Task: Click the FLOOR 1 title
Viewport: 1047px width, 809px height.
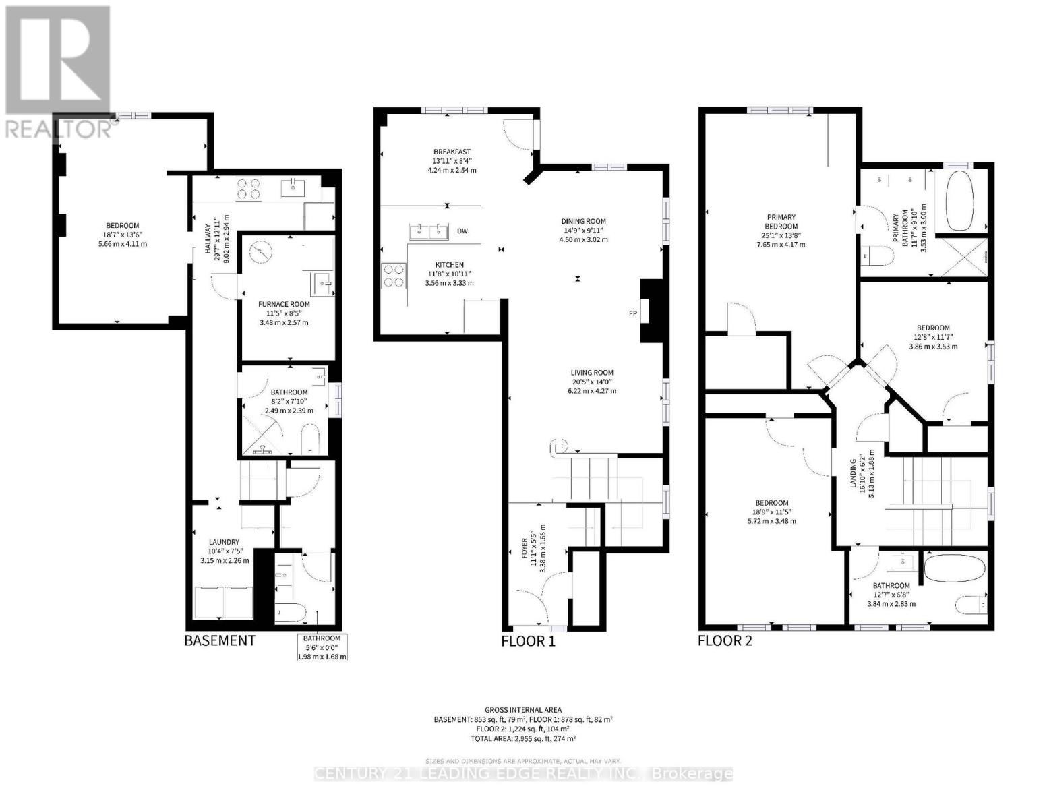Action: [528, 640]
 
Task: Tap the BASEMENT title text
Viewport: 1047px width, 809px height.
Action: [220, 640]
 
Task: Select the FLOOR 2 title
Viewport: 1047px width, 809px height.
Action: [725, 640]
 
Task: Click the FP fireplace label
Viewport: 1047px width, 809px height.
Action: [632, 313]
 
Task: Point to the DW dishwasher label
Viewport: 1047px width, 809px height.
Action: [462, 231]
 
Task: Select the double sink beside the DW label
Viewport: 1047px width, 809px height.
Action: [429, 232]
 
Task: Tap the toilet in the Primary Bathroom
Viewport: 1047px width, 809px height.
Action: [872, 257]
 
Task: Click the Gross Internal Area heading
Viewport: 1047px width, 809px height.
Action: [522, 710]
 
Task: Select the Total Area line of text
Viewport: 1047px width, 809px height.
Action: [522, 738]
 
